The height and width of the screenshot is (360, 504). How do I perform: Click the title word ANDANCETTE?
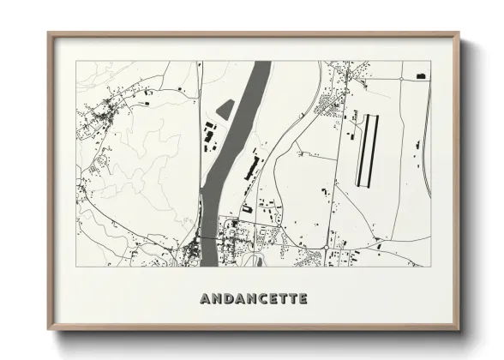(253, 299)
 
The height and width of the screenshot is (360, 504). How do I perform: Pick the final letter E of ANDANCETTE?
(302, 299)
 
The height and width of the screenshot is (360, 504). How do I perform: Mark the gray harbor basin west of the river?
(225, 111)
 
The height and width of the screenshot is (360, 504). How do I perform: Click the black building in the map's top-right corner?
(420, 76)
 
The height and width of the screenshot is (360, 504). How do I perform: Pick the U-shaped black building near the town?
(246, 207)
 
